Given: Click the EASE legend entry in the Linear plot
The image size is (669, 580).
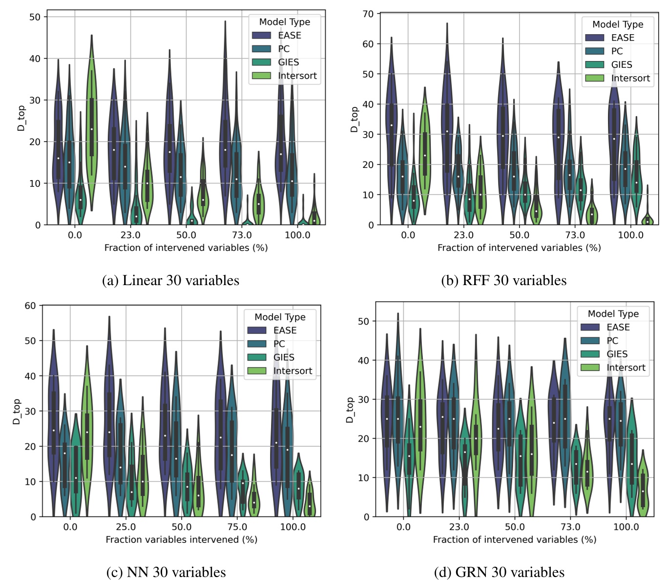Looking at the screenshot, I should tap(289, 35).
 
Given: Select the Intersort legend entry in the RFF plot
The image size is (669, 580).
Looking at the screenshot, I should tap(630, 78).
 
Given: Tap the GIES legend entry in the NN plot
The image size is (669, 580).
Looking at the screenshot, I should tap(283, 357).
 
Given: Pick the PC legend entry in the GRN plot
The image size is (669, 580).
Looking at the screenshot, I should tap(612, 341).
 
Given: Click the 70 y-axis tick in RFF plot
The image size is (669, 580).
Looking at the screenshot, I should tap(368, 14).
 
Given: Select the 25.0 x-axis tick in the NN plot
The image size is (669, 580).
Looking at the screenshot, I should tap(125, 527).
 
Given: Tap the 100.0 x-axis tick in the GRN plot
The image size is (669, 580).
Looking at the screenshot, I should tap(626, 527).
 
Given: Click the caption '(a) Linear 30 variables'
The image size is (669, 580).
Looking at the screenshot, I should tap(170, 280).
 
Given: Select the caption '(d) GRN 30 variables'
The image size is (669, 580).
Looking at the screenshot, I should tap(499, 572).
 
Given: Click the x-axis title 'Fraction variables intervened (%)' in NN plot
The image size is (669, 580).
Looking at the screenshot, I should tap(181, 539).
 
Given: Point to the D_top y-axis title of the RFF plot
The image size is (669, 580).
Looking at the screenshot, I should tap(355, 120).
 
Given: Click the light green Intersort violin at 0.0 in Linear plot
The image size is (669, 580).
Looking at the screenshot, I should tap(91, 127).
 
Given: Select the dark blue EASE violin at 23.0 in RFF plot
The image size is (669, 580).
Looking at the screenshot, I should tap(447, 132).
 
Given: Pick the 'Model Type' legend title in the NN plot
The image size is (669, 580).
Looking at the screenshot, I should tap(280, 317).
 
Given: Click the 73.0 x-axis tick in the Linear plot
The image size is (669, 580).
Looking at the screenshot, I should tap(242, 235).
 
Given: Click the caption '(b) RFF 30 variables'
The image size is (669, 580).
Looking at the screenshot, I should tap(503, 280).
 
